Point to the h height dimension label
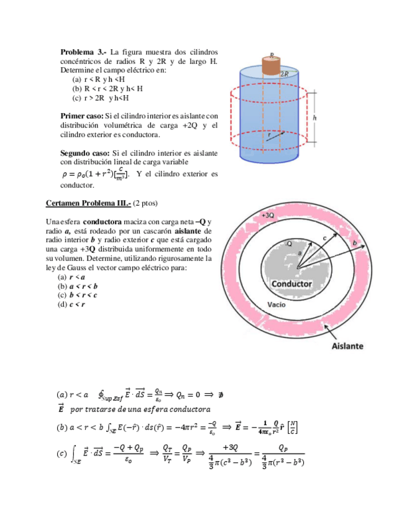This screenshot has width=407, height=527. [x=315, y=117]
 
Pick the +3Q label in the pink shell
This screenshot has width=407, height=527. [x=268, y=215]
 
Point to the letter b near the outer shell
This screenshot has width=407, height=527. [x=355, y=244]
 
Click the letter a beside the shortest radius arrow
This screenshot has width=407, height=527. [x=300, y=253]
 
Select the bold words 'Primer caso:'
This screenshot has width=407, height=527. [x=81, y=116]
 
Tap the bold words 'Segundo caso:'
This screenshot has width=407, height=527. [x=85, y=152]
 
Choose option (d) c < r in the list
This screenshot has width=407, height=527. [x=70, y=305]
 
